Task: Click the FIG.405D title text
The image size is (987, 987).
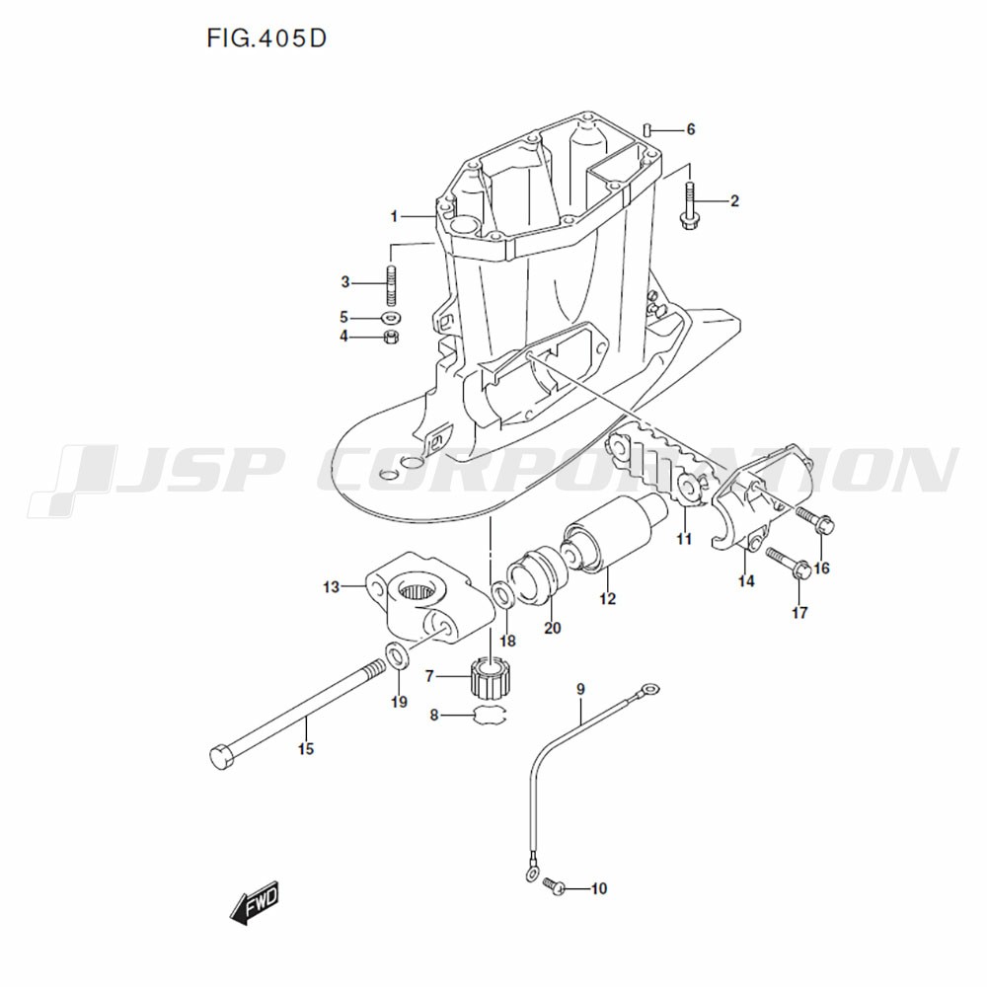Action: point(266,39)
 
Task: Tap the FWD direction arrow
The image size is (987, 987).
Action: point(255,901)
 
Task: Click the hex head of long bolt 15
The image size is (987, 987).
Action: point(221,758)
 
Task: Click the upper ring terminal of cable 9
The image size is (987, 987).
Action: point(648,690)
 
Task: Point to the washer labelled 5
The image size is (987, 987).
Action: point(391,318)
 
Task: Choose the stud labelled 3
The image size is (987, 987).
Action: point(391,281)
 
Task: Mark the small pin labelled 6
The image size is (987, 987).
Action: point(645,129)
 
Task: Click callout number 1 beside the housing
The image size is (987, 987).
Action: point(393,215)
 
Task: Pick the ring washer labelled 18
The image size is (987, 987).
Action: point(502,594)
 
